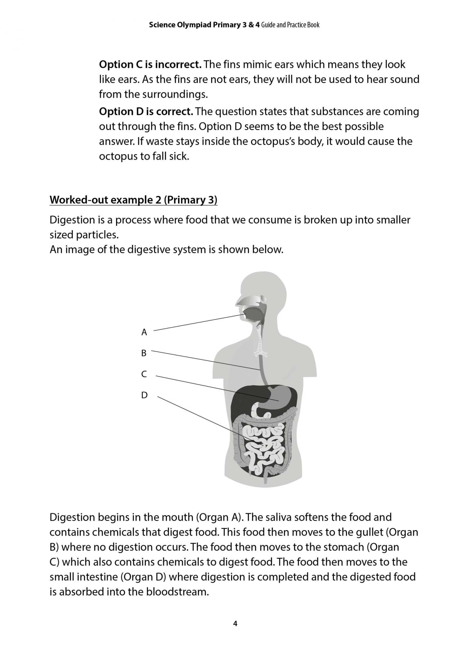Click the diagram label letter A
click(x=144, y=332)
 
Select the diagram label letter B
click(x=144, y=353)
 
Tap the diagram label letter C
click(x=144, y=374)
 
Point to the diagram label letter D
click(x=144, y=395)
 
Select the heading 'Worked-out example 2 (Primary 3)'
click(x=133, y=200)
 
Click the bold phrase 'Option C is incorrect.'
click(x=150, y=64)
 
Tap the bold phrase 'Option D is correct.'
click(x=146, y=112)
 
